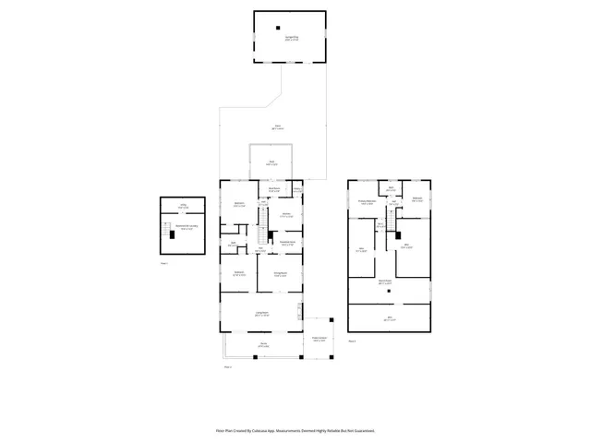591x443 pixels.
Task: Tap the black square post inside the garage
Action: click(x=277, y=28)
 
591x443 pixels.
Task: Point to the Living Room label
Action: click(x=262, y=315)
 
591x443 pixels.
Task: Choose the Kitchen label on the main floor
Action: click(x=286, y=216)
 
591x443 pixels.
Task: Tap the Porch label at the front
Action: click(x=263, y=346)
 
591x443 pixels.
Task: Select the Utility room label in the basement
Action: click(x=183, y=206)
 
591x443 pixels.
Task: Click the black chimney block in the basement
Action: click(x=171, y=236)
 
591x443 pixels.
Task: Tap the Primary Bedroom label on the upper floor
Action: click(x=367, y=202)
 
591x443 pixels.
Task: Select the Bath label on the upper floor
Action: click(x=392, y=189)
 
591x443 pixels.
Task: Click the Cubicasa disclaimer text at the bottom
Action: click(x=295, y=430)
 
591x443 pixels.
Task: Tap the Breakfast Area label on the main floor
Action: click(x=274, y=189)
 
